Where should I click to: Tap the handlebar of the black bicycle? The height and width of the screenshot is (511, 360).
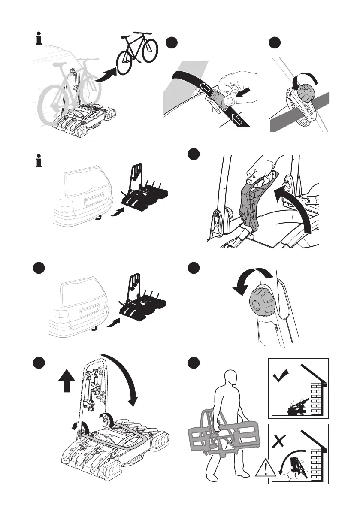coord(143,33)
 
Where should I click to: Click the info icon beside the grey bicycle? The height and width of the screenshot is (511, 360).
coord(39,40)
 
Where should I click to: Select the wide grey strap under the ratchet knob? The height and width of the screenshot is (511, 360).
coord(300,114)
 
